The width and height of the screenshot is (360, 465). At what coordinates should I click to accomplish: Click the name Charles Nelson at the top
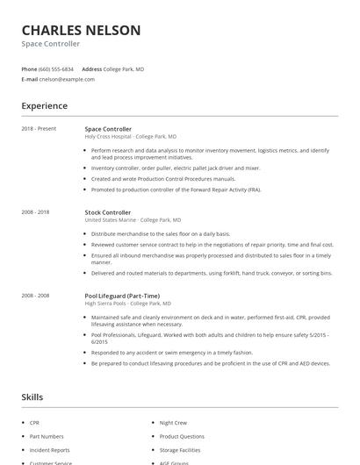(81, 30)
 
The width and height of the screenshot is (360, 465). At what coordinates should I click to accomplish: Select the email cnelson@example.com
(67, 79)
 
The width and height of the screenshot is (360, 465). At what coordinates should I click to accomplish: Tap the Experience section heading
(45, 106)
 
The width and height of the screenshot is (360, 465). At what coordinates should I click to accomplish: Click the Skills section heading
(32, 397)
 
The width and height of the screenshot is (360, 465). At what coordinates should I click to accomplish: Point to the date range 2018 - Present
(39, 129)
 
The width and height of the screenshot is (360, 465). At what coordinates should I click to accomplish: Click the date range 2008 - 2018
(35, 212)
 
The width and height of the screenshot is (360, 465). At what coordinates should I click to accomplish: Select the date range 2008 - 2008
(35, 296)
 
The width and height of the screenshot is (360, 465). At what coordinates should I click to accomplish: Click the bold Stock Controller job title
(107, 212)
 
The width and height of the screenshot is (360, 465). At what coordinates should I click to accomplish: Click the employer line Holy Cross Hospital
(130, 137)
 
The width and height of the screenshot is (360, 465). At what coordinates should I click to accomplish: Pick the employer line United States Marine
(133, 220)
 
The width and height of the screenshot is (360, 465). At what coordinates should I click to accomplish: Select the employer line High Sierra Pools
(127, 304)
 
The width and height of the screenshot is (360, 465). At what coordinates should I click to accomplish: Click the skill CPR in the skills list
(34, 423)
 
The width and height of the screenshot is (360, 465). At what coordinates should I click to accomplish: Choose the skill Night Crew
(173, 423)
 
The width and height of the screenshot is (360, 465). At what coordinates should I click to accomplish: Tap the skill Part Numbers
(47, 436)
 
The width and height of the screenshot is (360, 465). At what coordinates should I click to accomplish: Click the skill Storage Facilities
(180, 449)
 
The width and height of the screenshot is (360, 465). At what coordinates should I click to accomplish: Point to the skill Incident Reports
(49, 449)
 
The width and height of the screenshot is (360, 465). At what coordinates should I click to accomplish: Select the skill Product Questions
(182, 436)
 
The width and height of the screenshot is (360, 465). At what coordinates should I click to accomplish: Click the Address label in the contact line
(91, 68)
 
